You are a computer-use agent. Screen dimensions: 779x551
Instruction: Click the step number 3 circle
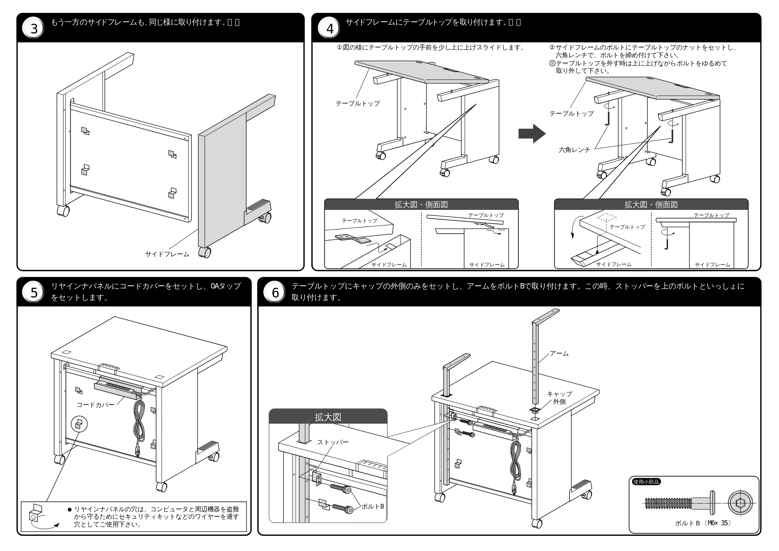tap(34, 29)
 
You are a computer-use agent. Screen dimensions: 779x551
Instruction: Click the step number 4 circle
tap(330, 29)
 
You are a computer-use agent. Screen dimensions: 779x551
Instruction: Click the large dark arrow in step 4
tap(532, 134)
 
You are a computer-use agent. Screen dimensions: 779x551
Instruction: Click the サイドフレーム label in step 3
tap(167, 254)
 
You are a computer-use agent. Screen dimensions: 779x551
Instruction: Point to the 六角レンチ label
tap(575, 150)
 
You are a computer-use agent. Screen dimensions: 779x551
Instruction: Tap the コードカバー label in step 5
tap(95, 405)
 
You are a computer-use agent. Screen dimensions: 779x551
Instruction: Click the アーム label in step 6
tap(559, 354)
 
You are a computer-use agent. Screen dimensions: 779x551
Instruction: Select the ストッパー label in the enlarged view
tap(333, 442)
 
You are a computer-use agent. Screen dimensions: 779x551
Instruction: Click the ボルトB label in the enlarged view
tap(373, 506)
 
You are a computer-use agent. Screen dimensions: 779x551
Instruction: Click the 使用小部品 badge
tap(646, 482)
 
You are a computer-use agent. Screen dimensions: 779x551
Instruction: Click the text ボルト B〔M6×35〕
tap(703, 523)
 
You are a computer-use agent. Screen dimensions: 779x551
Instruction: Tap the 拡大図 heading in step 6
tap(328, 417)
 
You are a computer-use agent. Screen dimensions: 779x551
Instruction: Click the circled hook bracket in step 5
tap(79, 424)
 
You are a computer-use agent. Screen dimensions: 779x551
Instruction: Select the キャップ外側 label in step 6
tap(559, 398)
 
